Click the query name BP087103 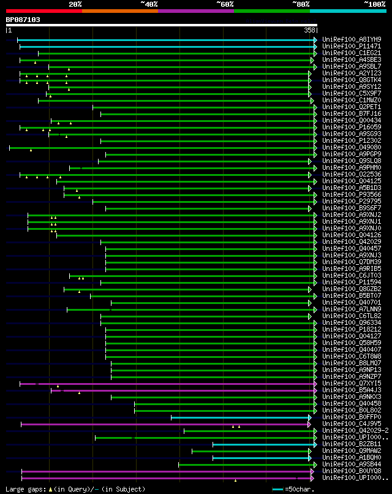point(23,20)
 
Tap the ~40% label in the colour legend point(149,4)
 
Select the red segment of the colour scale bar point(43,10)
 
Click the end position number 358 point(309,30)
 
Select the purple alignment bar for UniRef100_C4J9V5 point(165,424)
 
